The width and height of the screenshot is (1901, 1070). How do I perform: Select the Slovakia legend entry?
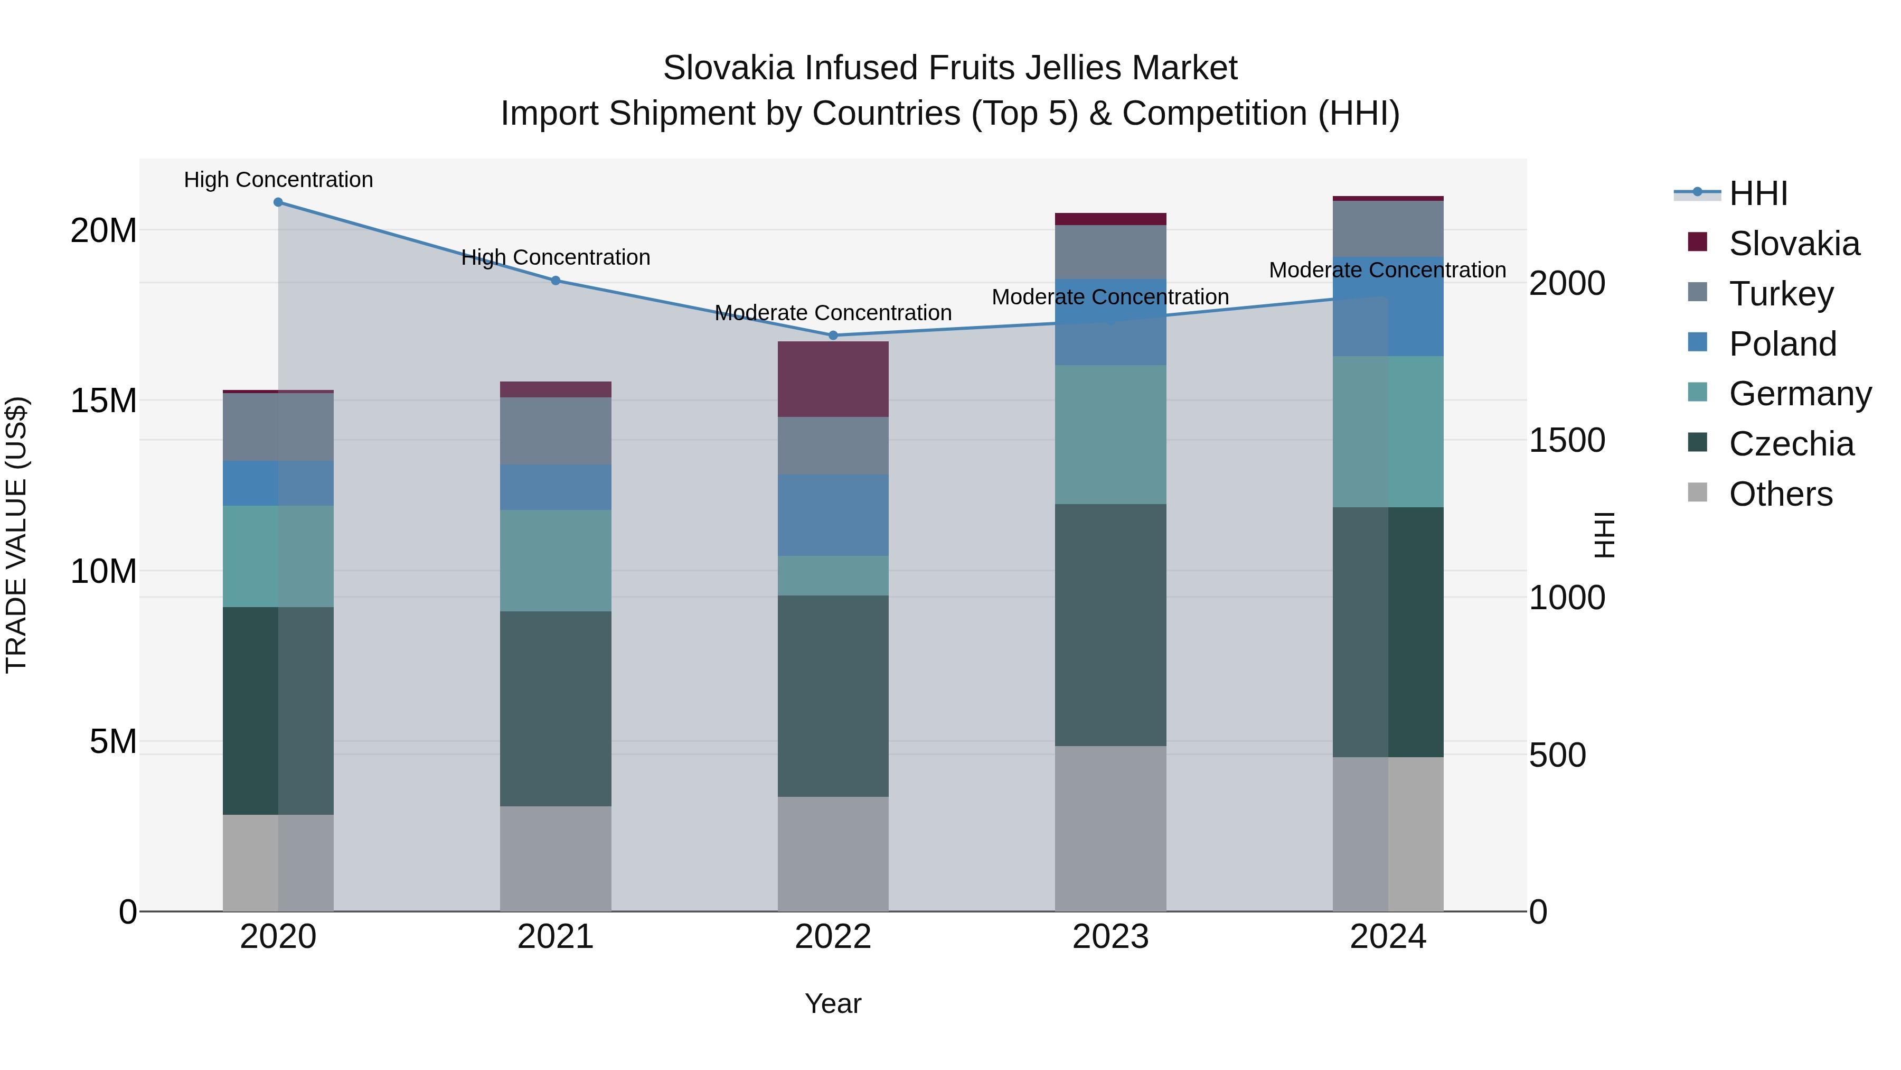pos(1793,244)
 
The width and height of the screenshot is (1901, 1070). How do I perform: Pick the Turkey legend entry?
pos(1781,294)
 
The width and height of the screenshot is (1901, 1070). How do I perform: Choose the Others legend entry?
pos(1780,494)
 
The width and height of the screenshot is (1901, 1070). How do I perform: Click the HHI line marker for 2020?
pos(278,202)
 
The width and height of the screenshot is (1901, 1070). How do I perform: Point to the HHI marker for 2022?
pos(833,335)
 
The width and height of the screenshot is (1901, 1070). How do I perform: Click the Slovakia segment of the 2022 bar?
pos(833,379)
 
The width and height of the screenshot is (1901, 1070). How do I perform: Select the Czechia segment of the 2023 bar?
pos(1111,625)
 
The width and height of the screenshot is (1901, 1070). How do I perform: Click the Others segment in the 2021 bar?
pos(556,858)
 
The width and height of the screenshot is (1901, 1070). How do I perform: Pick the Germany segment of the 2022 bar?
pos(833,575)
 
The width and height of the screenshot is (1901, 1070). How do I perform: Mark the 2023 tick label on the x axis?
pos(1111,937)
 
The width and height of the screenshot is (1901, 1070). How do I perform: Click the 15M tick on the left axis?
pos(103,401)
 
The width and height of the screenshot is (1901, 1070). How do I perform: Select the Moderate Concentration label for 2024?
pos(1387,270)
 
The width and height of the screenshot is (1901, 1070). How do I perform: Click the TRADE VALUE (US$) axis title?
pos(16,535)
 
